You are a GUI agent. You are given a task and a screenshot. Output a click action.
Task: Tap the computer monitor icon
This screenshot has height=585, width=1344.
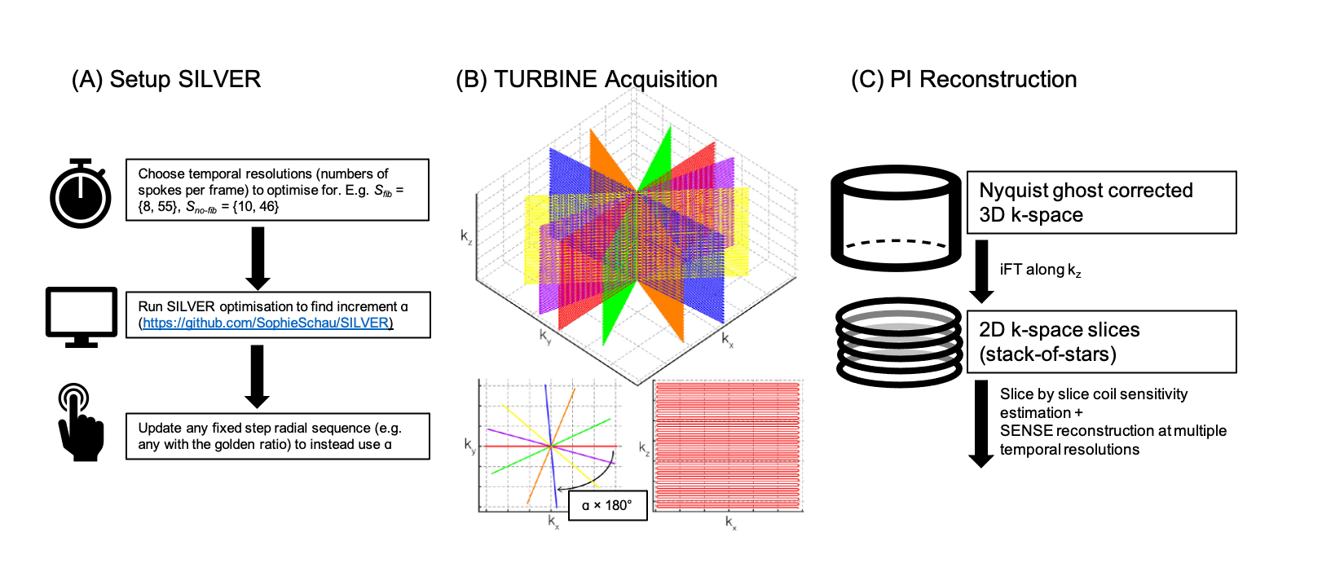81,316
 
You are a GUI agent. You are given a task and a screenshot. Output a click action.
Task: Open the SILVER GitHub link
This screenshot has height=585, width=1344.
267,323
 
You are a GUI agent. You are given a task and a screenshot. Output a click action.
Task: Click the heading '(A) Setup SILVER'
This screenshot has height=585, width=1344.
166,79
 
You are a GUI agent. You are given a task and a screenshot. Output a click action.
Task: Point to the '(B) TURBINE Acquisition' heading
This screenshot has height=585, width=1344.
586,79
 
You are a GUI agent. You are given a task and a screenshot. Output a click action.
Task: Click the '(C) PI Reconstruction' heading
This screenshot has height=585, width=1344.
963,79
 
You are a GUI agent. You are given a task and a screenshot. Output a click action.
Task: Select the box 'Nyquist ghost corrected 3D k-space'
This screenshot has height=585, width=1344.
1101,202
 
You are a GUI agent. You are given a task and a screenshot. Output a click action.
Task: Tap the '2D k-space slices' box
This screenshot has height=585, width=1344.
1101,341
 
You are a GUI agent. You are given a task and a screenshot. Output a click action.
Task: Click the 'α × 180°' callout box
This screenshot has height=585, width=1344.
607,505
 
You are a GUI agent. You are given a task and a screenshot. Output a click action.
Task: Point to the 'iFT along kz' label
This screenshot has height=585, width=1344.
1040,270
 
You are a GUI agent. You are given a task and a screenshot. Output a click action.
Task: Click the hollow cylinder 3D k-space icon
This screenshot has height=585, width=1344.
896,218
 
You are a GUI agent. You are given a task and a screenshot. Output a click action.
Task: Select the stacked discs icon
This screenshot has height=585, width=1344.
900,341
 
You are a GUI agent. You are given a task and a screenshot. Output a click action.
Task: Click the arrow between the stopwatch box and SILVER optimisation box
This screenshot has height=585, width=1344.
258,257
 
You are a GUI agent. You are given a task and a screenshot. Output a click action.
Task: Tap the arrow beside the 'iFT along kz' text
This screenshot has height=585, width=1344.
981,271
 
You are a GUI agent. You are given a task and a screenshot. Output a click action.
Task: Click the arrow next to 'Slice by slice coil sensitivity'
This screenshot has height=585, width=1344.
980,424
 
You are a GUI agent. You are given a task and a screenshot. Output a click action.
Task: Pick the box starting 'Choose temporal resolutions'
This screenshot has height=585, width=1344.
277,190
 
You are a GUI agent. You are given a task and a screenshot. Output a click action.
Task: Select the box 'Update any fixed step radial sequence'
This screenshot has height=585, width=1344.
277,436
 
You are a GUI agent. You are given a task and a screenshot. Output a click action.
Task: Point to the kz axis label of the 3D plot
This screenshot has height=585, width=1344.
466,237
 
